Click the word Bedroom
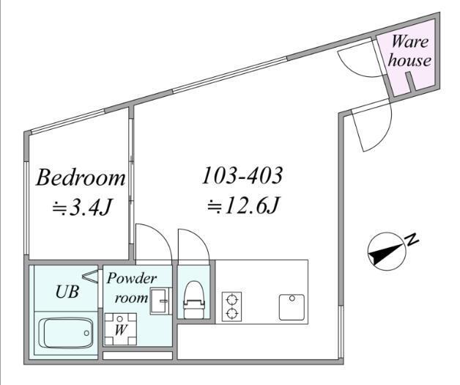pyautogui.click(x=81, y=177)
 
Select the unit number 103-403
pyautogui.click(x=242, y=175)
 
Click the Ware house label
pyautogui.click(x=409, y=51)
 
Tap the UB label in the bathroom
pyautogui.click(x=67, y=292)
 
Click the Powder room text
pyautogui.click(x=131, y=287)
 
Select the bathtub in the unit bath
pyautogui.click(x=69, y=333)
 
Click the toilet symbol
pyautogui.click(x=193, y=299)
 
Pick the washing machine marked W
pyautogui.click(x=120, y=329)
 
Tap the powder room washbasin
pyautogui.click(x=160, y=301)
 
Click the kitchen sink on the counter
pyautogui.click(x=292, y=307)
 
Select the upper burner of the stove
pyautogui.click(x=231, y=300)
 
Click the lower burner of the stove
pyautogui.click(x=231, y=313)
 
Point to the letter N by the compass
pyautogui.click(x=412, y=239)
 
